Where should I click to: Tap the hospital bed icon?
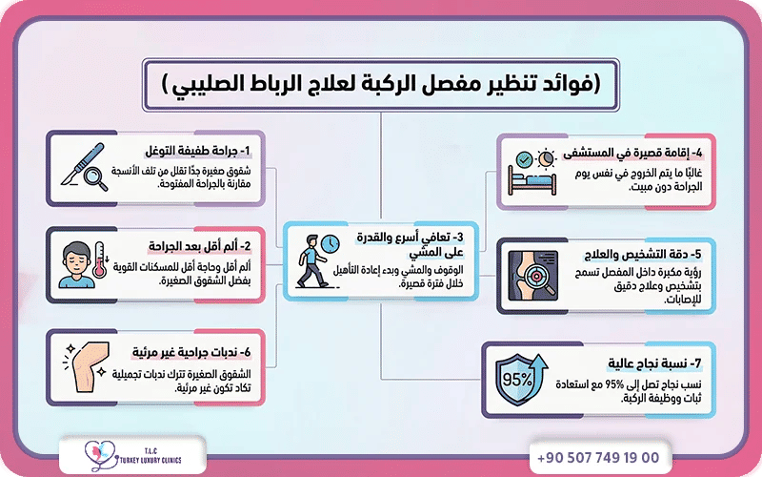(532, 173)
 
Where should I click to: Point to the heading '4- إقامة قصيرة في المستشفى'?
(637, 152)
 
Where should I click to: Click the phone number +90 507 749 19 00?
(598, 457)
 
